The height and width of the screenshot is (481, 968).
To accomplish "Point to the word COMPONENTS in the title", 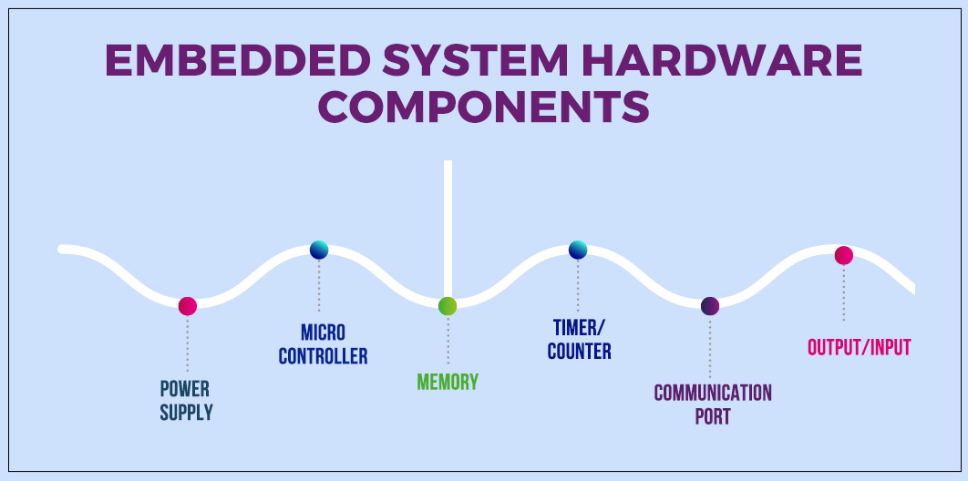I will [x=483, y=107].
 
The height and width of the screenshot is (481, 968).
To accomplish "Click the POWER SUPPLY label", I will [x=186, y=400].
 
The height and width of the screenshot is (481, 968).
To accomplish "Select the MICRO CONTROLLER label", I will [x=323, y=343].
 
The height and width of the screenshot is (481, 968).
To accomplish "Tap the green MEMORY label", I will [x=448, y=382].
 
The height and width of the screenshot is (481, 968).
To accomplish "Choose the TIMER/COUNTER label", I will [x=579, y=338].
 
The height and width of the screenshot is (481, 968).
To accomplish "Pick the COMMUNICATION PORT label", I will [x=712, y=404].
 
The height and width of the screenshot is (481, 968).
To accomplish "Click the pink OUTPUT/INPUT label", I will [x=859, y=347].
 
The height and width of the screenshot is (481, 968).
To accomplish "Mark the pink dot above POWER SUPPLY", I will [x=188, y=306].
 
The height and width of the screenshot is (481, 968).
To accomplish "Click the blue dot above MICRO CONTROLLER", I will [x=319, y=250].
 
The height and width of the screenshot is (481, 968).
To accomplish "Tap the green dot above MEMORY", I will [x=448, y=306].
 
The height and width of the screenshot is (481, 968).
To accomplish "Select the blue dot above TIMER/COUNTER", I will [x=578, y=250].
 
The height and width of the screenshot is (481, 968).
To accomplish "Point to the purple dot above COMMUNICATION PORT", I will [x=710, y=306].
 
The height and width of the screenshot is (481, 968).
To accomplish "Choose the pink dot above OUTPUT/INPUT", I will [x=843, y=256].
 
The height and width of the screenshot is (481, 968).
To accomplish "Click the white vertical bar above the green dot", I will [x=448, y=228].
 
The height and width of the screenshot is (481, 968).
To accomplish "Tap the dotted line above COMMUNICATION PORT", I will [x=710, y=348].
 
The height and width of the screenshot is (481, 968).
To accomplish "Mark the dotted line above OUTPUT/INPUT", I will [x=843, y=293].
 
